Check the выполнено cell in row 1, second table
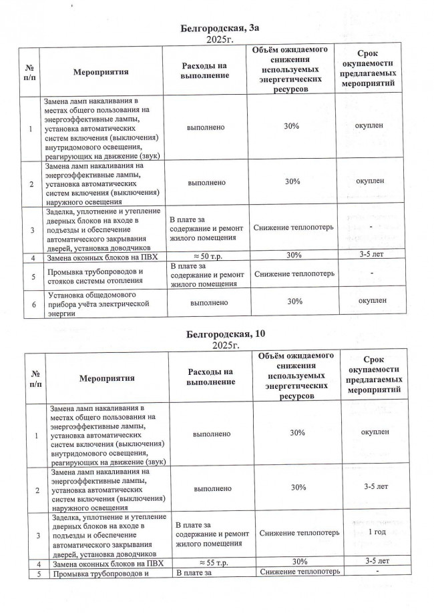click(x=212, y=433)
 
